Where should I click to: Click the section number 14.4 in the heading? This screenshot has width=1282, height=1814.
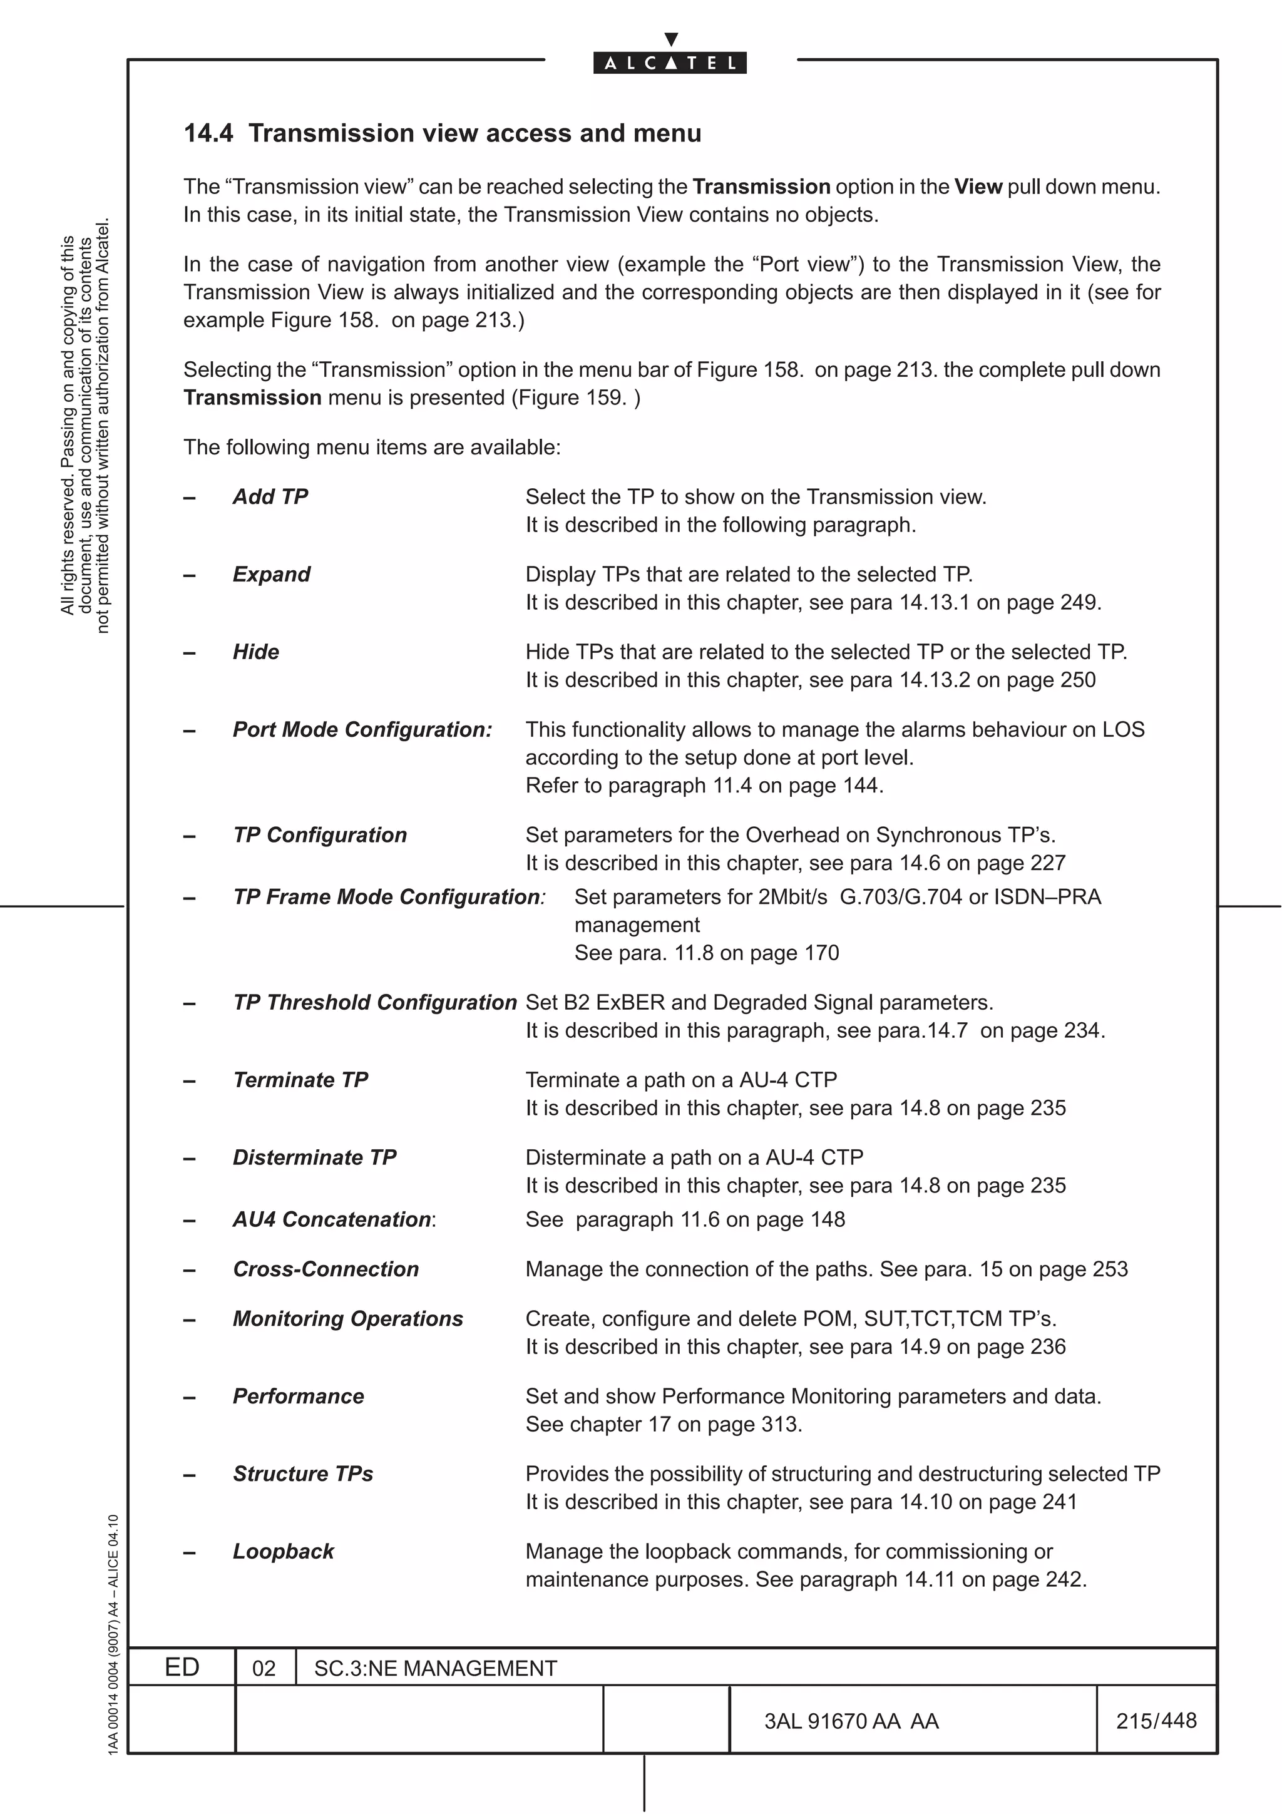pyautogui.click(x=208, y=133)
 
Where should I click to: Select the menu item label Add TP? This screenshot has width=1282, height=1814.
pyautogui.click(x=270, y=497)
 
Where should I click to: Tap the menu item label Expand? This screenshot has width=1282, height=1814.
pyautogui.click(x=272, y=575)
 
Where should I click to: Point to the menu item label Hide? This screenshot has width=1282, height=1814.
pyautogui.click(x=256, y=652)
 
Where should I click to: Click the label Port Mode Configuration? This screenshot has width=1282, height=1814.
pyautogui.click(x=362, y=729)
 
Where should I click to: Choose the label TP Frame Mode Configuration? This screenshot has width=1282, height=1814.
pyautogui.click(x=387, y=897)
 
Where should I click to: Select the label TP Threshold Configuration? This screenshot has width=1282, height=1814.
pyautogui.click(x=374, y=1003)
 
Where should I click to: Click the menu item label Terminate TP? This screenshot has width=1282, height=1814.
pyautogui.click(x=300, y=1080)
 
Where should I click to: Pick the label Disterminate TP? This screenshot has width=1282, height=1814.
pyautogui.click(x=314, y=1157)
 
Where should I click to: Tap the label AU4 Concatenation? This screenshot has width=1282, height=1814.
pyautogui.click(x=332, y=1220)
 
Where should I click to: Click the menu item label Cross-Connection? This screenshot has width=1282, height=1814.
pyautogui.click(x=326, y=1269)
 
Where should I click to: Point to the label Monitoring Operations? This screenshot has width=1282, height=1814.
pyautogui.click(x=347, y=1319)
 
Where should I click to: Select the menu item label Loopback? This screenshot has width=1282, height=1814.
pyautogui.click(x=283, y=1551)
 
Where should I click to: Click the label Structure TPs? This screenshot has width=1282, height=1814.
pyautogui.click(x=302, y=1473)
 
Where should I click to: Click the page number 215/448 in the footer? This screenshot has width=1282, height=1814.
pyautogui.click(x=1156, y=1720)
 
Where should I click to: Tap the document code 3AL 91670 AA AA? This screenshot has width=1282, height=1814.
pyautogui.click(x=851, y=1721)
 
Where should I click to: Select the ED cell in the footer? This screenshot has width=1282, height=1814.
pyautogui.click(x=182, y=1667)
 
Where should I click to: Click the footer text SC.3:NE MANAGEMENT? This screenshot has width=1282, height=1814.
pyautogui.click(x=435, y=1669)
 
